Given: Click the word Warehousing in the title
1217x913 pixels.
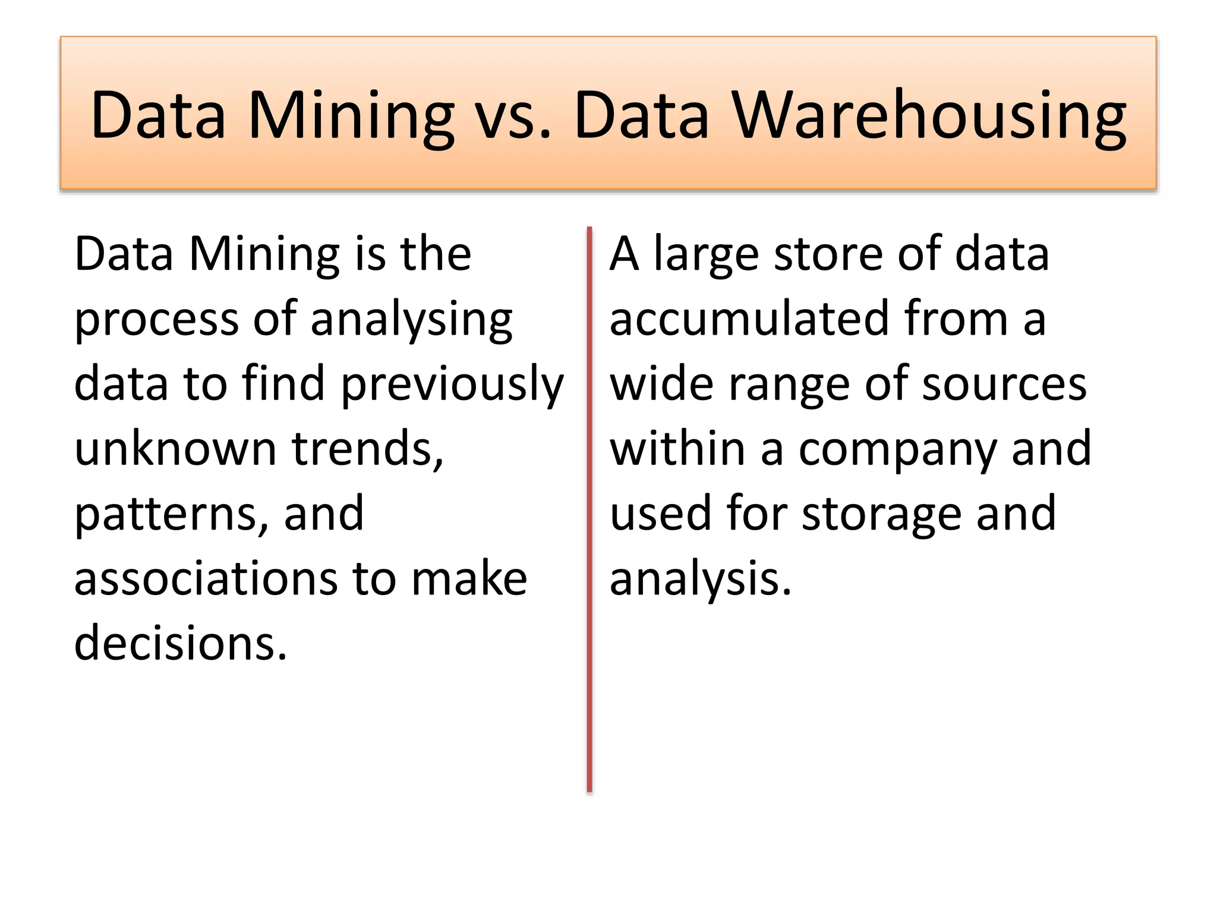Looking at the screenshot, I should pyautogui.click(x=929, y=115).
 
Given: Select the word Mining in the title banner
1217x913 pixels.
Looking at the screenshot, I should pyautogui.click(x=351, y=115).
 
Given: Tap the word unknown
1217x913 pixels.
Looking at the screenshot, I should pyautogui.click(x=175, y=449).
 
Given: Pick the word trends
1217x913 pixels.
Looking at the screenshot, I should pyautogui.click(x=367, y=449).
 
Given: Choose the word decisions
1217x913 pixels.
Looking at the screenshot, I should pyautogui.click(x=180, y=644).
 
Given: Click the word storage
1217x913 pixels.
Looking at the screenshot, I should pyautogui.click(x=882, y=514).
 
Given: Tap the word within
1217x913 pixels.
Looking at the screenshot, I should pyautogui.click(x=677, y=449).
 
